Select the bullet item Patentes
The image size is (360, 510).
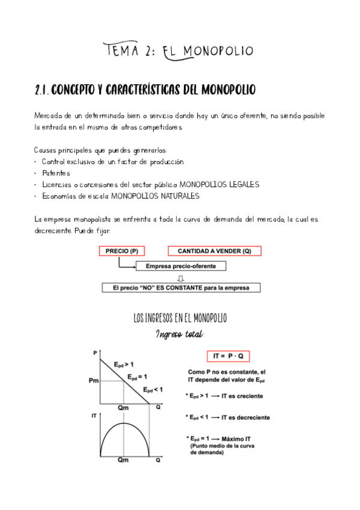coord(56,173)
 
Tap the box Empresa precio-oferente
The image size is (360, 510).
coord(180,265)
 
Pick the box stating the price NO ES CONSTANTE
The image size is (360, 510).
coord(180,287)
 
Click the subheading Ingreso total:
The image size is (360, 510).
coord(180,334)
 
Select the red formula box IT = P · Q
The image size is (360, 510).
coord(228,355)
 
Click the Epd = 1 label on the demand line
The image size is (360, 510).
coord(137,376)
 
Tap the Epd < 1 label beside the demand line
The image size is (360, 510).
coord(153,389)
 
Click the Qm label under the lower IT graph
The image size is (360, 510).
coord(123,459)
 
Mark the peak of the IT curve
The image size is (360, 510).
coord(124,423)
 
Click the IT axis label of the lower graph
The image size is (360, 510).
coord(94,415)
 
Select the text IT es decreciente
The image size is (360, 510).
coord(245,417)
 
